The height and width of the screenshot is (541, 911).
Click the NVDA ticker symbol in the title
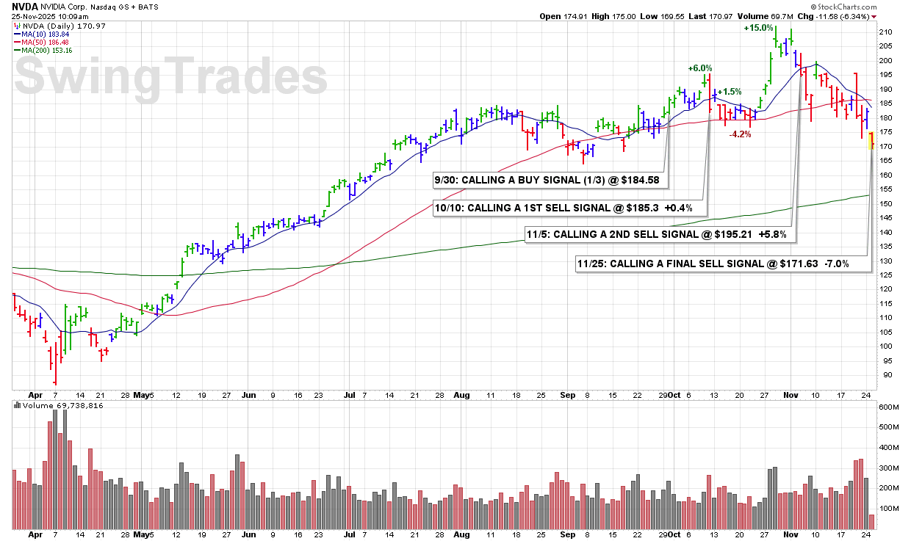tap(25, 5)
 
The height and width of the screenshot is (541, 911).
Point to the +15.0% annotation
tap(758, 28)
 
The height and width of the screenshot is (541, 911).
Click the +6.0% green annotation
tap(700, 68)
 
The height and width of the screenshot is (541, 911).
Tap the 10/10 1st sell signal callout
tap(569, 208)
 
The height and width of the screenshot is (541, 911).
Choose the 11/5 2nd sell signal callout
tap(660, 234)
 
